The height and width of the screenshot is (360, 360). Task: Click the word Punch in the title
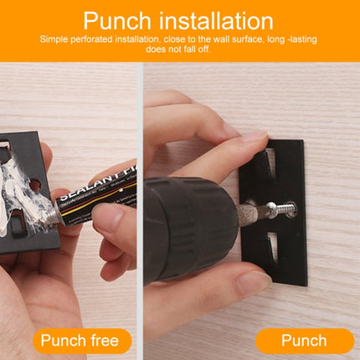tap(121, 21)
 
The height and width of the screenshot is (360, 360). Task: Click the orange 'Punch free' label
tap(83, 341)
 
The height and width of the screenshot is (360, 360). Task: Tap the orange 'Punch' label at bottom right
tap(304, 341)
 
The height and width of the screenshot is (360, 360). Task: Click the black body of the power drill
tap(180, 226)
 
